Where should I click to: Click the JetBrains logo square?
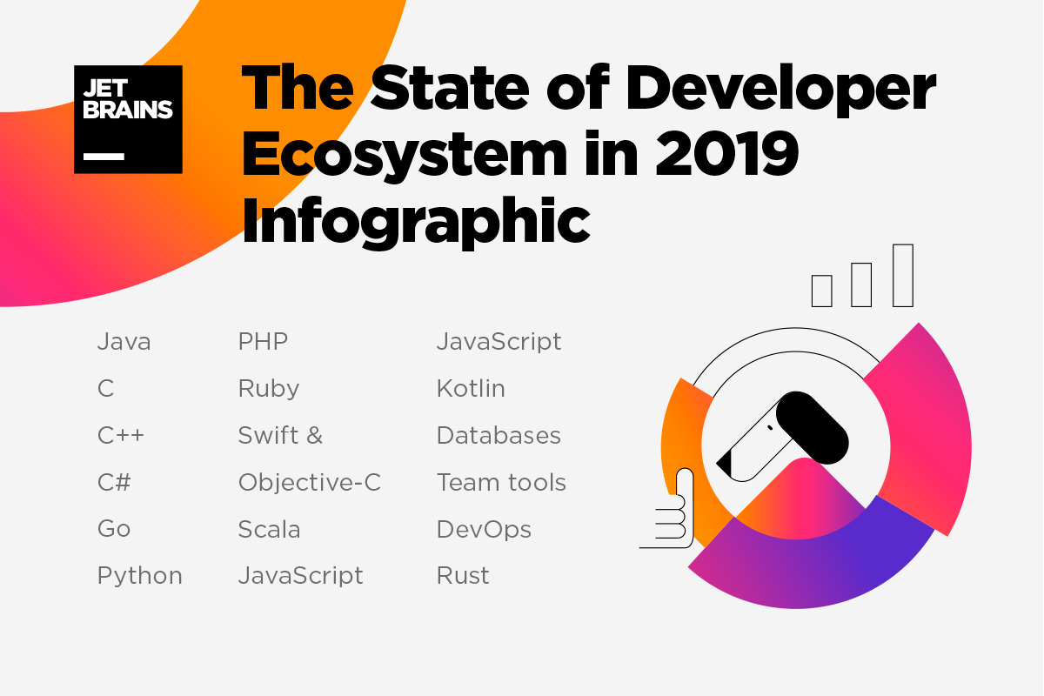tap(128, 119)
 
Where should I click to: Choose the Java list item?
tap(124, 342)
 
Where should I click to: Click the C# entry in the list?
tap(114, 482)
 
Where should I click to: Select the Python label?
tap(140, 576)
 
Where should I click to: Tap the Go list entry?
tap(114, 529)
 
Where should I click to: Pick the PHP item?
tap(263, 342)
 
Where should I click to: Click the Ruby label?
tap(268, 389)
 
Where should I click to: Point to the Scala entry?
tap(269, 529)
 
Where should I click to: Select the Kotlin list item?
tap(471, 389)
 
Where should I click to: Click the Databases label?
tap(499, 435)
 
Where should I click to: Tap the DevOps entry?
tap(484, 529)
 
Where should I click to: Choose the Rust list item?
tap(463, 576)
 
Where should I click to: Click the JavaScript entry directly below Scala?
tap(300, 576)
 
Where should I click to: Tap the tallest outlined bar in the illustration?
tap(903, 275)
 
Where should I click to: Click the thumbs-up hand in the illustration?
tap(674, 513)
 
